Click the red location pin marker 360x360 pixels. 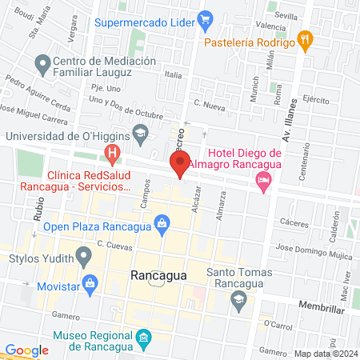(181, 164)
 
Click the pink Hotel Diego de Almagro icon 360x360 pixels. (263, 183)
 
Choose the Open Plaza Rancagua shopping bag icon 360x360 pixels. (162, 222)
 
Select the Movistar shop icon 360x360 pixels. (91, 282)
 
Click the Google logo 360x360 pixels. (26, 350)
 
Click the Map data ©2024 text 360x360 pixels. (324, 353)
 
